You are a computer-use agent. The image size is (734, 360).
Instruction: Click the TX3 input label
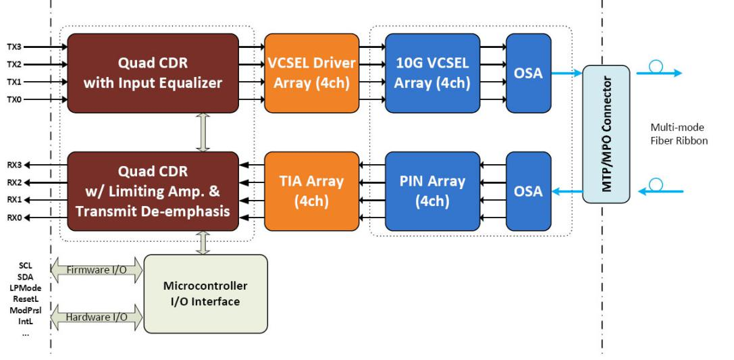pos(14,47)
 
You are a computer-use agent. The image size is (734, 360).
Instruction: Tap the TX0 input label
pos(14,99)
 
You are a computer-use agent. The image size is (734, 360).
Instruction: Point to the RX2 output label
pos(14,182)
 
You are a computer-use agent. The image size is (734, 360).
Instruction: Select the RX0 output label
pos(14,217)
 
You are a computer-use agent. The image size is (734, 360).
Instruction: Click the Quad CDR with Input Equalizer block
pos(153,73)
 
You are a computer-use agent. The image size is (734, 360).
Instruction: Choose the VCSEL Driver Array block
pos(312,73)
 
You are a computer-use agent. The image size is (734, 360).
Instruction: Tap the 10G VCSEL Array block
pos(433,73)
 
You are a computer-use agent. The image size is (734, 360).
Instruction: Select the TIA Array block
pos(312,191)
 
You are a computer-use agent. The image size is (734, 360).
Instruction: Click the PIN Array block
pos(433,191)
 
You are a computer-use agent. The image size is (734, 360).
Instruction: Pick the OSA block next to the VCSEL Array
pos(529,73)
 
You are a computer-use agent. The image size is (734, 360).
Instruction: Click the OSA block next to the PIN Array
pos(529,191)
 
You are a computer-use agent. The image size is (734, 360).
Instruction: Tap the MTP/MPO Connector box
pos(606,134)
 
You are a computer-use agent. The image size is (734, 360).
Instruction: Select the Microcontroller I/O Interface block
pos(205,294)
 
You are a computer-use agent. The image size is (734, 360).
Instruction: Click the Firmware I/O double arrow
pos(96,270)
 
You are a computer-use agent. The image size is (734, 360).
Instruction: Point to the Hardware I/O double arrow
pos(96,317)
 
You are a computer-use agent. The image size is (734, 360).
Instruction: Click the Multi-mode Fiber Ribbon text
pos(679,134)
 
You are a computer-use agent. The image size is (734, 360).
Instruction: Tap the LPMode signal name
pos(25,288)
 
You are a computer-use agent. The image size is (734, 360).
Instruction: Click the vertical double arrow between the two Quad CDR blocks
pos(203,132)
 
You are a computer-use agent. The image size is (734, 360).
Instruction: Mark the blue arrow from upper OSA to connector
pos(567,73)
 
